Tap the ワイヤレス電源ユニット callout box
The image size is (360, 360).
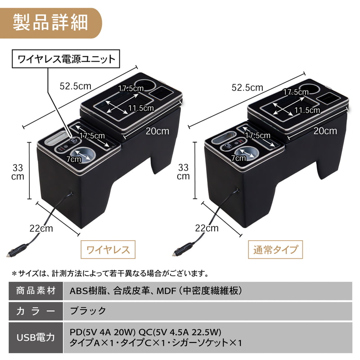click(66, 59)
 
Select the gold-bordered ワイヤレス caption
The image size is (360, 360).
click(108, 250)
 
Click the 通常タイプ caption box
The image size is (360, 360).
click(275, 250)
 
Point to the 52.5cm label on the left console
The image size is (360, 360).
click(75, 86)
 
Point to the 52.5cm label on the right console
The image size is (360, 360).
click(247, 87)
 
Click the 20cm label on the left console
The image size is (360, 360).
click(157, 131)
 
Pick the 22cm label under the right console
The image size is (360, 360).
click(207, 228)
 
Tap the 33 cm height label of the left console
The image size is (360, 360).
click(18, 172)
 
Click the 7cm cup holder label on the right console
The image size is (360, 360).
click(238, 158)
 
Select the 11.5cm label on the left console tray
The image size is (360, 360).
click(141, 108)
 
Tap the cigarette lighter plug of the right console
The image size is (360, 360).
click(183, 249)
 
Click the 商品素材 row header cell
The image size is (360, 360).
click(36, 291)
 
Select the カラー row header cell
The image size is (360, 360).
click(36, 311)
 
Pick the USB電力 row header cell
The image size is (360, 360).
click(36, 337)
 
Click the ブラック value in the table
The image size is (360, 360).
click(88, 311)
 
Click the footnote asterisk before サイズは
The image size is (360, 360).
click(14, 274)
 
